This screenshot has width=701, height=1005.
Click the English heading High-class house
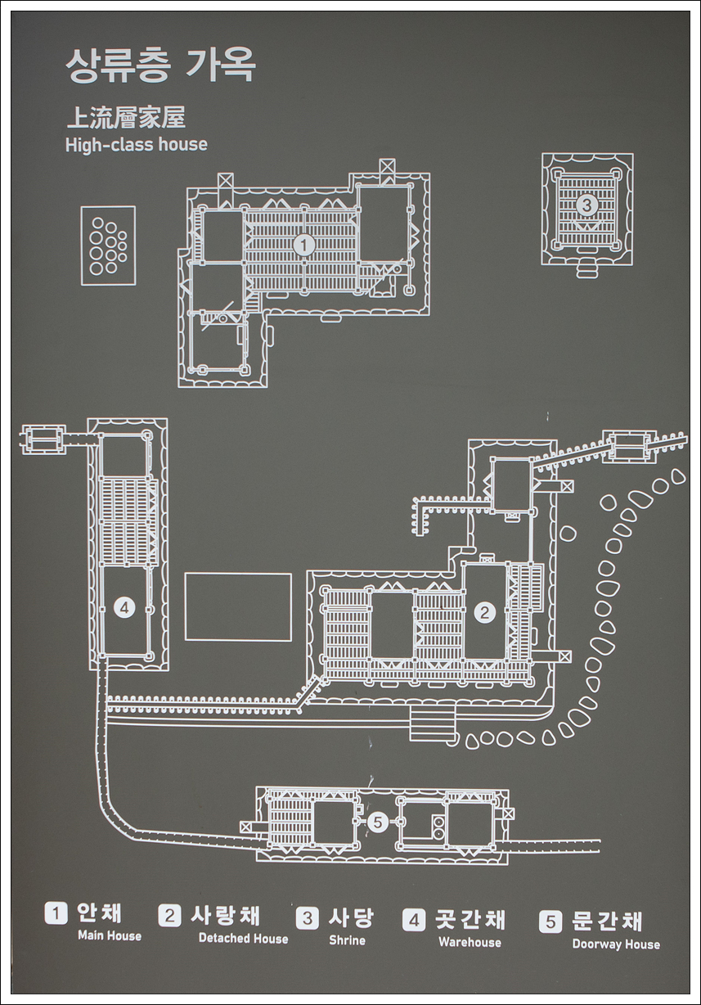(x=136, y=145)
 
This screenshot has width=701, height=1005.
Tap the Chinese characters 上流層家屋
(x=125, y=118)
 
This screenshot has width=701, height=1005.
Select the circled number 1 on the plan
(x=304, y=244)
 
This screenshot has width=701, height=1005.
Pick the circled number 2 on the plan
(x=485, y=611)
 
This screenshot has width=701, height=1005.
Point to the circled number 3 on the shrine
(x=586, y=204)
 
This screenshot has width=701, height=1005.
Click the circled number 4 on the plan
(x=124, y=607)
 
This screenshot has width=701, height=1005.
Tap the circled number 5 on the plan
(x=377, y=822)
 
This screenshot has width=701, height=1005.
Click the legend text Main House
(x=109, y=935)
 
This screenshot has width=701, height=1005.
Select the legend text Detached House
(x=243, y=939)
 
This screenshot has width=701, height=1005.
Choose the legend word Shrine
(x=347, y=940)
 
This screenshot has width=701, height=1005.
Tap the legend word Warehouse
(x=470, y=942)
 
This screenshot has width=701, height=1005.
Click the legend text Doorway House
(x=615, y=944)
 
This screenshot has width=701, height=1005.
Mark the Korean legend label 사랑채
(x=225, y=915)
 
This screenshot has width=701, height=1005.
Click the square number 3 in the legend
(x=308, y=917)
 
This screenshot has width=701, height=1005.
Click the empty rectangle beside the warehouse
(x=238, y=606)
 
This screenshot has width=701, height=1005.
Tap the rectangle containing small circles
(x=108, y=246)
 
